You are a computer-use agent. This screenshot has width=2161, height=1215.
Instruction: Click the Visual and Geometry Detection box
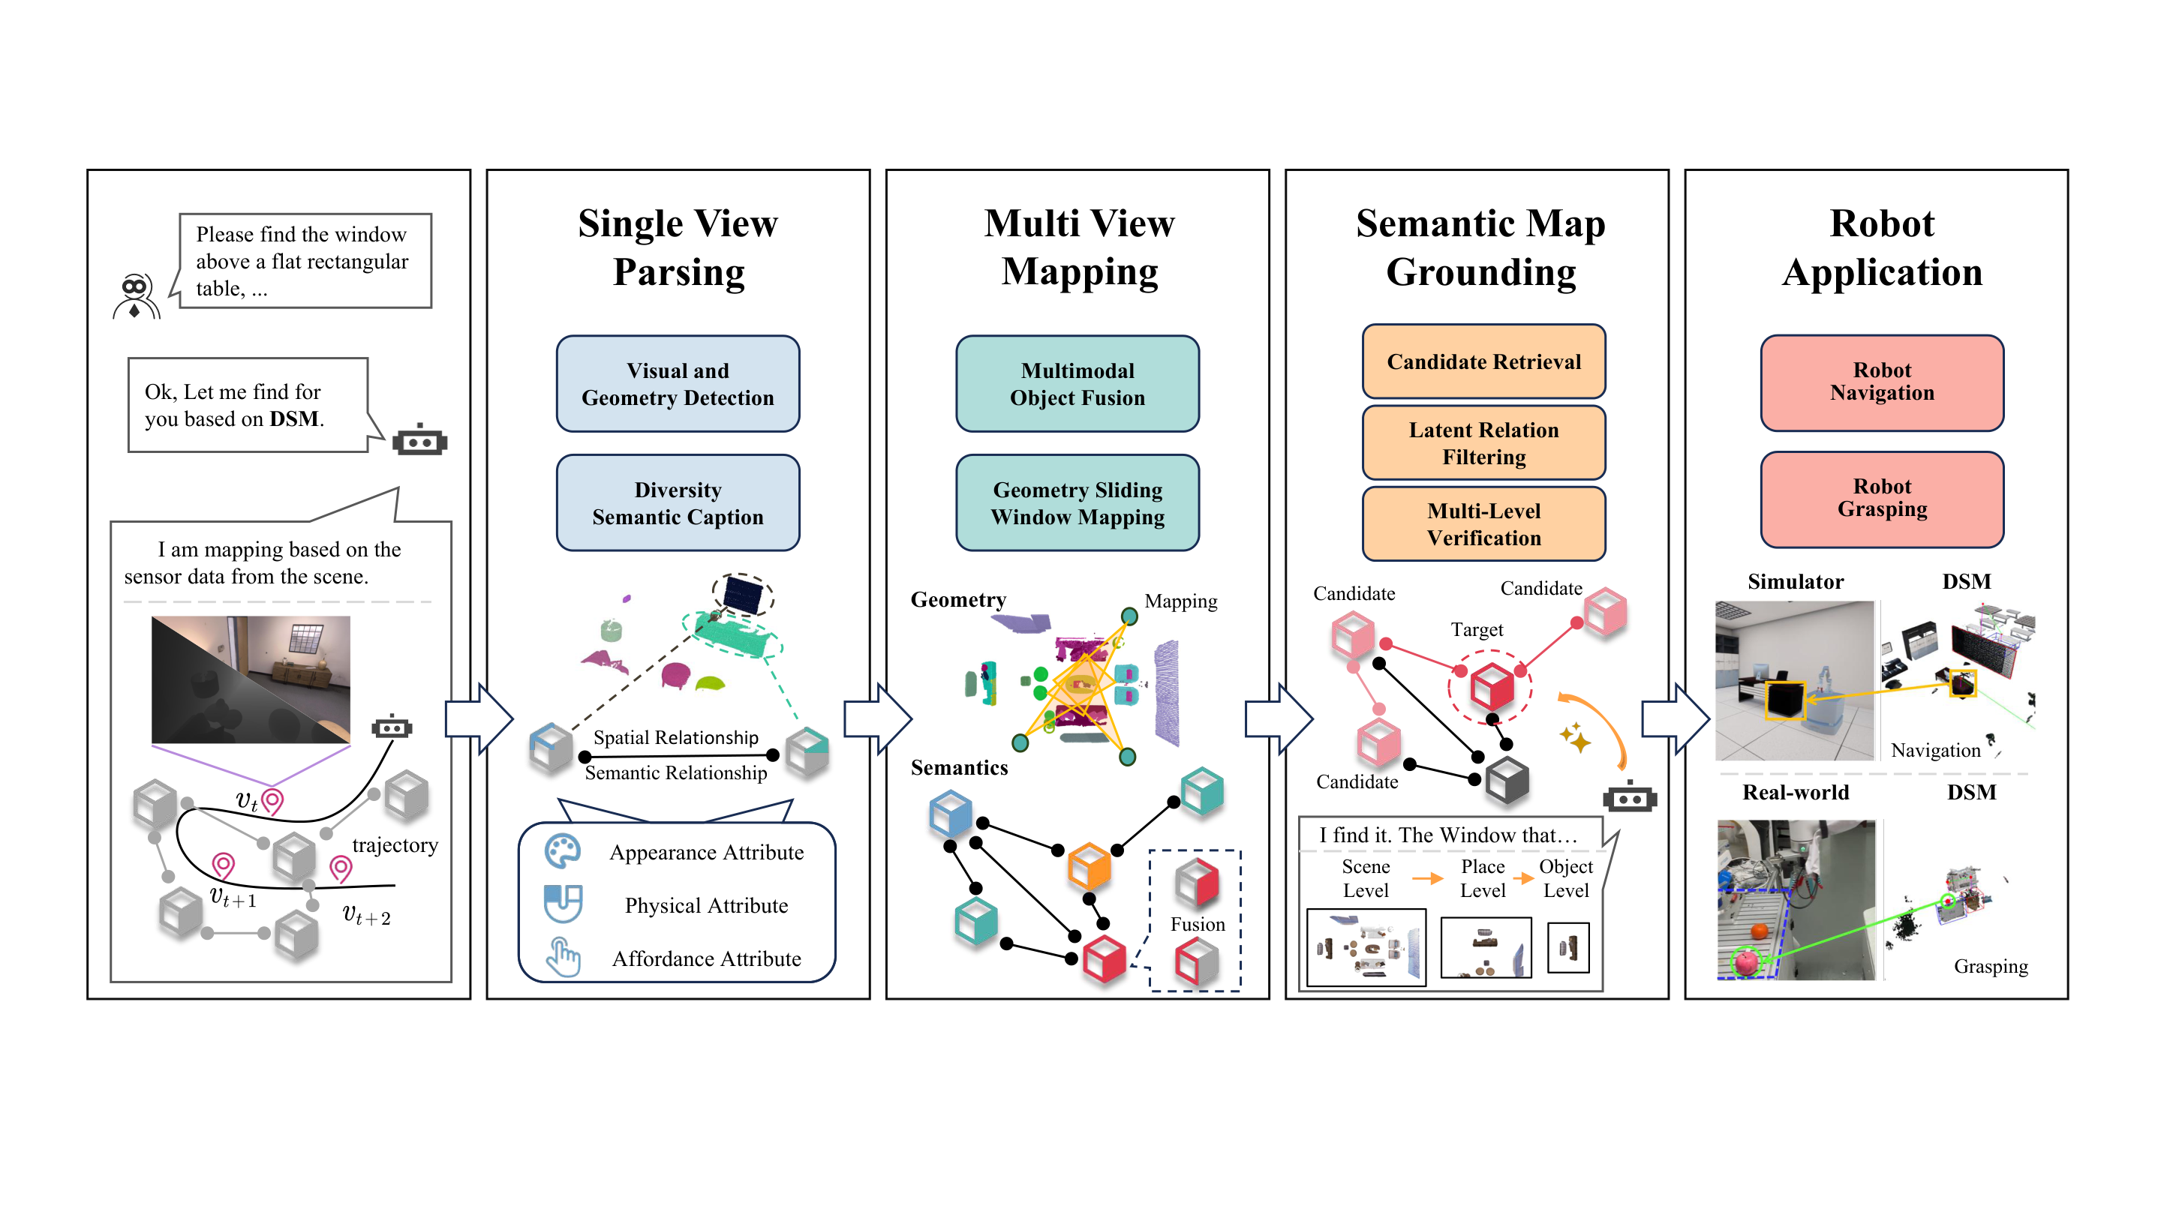678,384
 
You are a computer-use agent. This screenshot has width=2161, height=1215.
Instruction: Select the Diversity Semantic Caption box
678,503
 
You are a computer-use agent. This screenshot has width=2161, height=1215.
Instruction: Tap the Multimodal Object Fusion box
1077,384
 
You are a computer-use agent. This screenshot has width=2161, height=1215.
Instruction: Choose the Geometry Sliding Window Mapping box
1077,503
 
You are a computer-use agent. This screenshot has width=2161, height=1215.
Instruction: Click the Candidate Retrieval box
1483,361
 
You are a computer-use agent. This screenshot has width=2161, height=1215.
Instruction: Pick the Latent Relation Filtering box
1483,442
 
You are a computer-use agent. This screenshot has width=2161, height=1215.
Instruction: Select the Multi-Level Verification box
1483,524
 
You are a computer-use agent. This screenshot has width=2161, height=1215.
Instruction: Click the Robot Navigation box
1882,382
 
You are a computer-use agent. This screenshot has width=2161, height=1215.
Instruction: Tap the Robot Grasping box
1882,499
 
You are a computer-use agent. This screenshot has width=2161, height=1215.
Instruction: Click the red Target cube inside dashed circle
1492,686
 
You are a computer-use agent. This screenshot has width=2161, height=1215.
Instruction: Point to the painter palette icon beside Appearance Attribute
562,852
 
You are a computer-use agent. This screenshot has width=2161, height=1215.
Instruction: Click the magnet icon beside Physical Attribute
563,904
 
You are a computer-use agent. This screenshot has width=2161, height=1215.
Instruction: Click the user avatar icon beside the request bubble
135,297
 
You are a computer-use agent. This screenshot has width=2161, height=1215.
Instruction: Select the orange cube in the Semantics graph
1089,866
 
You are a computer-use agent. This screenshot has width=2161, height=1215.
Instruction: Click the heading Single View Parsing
678,247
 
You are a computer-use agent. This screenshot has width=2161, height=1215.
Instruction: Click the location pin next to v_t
272,800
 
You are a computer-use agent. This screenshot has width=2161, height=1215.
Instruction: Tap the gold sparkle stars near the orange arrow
1575,737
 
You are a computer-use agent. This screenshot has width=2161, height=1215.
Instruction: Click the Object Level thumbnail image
1567,947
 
